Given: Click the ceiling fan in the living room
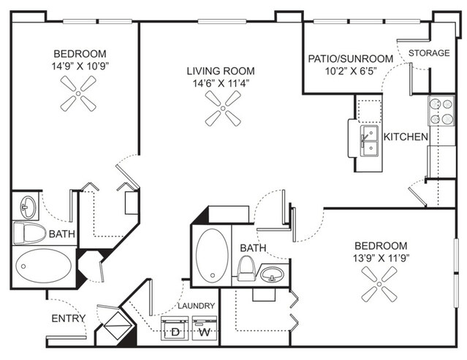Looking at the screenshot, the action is tap(223, 108).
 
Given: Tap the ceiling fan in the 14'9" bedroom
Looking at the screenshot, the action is tap(78, 93).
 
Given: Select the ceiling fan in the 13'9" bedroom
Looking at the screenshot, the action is tap(379, 284).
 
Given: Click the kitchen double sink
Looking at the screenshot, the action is tap(369, 141).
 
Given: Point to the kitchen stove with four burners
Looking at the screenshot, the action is tap(441, 111).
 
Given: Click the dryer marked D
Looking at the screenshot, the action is tap(175, 328).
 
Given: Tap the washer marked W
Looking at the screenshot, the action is tap(205, 328).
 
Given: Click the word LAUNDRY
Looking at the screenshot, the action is tap(197, 306).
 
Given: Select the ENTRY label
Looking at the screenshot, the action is tap(69, 318).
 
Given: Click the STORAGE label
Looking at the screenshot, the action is tap(429, 53).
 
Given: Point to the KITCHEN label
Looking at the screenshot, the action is tap(406, 137).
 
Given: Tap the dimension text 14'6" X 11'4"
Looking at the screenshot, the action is tap(221, 83).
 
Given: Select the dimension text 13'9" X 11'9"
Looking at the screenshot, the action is tap(381, 258).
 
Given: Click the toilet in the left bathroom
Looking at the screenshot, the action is tap(29, 233).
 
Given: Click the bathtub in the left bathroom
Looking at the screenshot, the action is tap(43, 266).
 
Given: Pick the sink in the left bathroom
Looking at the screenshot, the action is tap(28, 207).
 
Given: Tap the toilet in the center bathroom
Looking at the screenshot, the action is tap(246, 268).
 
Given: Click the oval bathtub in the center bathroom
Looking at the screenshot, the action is tap(212, 255).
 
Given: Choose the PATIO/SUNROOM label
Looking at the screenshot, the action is tap(351, 58).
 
